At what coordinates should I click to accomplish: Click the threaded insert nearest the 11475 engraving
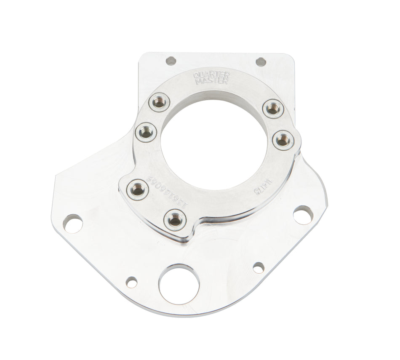(282, 139)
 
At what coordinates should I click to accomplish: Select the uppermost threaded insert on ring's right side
(272, 109)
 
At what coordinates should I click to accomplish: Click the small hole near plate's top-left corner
(171, 61)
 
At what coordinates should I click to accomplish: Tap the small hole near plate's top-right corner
(261, 61)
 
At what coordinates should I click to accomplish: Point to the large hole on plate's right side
(302, 215)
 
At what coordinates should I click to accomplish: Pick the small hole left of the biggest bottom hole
(132, 282)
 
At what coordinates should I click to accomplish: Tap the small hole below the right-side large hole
(259, 267)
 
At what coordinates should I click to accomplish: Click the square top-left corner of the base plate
(141, 55)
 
